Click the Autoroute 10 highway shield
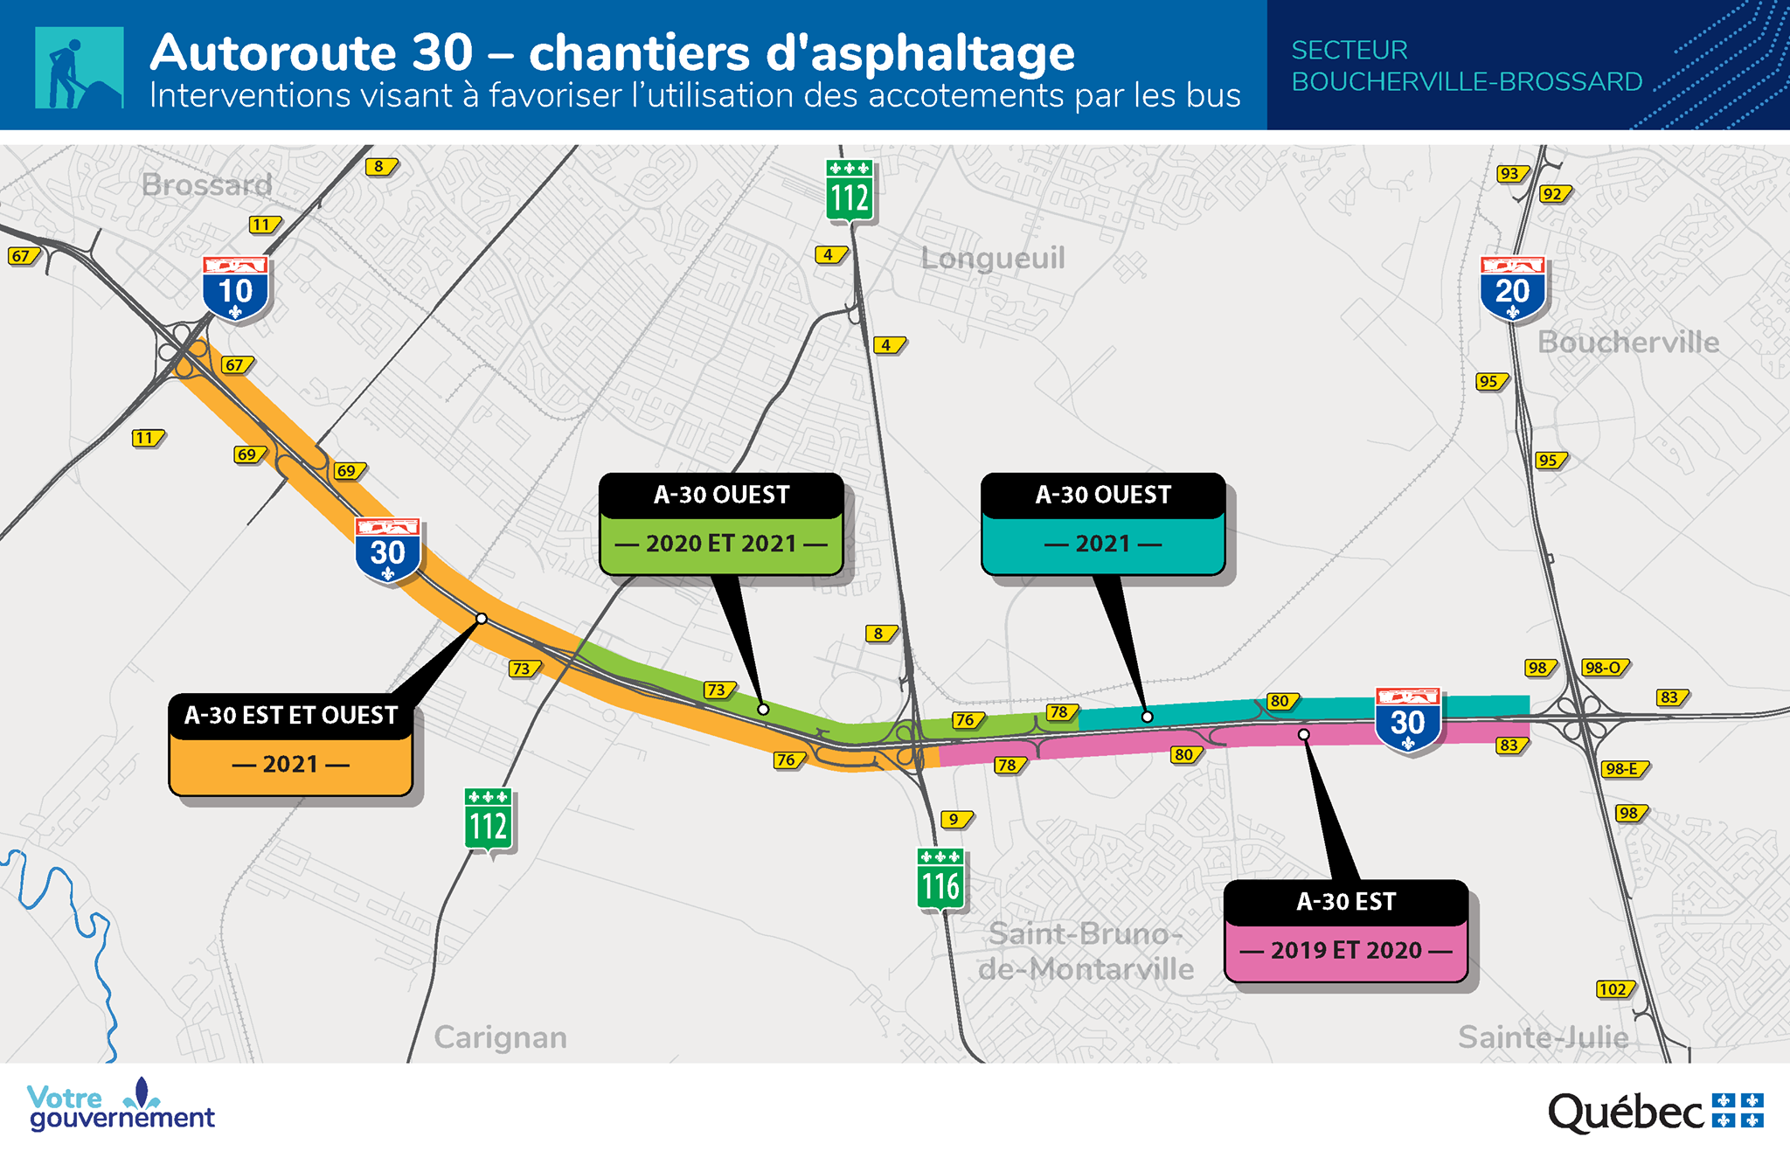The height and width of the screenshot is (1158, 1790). tap(235, 288)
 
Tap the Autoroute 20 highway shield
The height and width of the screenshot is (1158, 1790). tap(1512, 288)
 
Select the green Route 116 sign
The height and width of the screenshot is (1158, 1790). tap(940, 879)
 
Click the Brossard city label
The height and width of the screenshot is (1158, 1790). tap(207, 185)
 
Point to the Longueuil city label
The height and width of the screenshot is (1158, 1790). tap(993, 258)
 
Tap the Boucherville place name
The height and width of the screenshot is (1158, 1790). tap(1628, 342)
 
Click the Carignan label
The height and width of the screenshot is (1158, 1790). tap(500, 1037)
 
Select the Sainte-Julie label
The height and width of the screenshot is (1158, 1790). tap(1543, 1037)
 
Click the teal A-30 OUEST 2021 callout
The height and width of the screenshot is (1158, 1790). tap(1103, 524)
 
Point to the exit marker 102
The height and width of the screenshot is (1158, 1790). tap(1613, 989)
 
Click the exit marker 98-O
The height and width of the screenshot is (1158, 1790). tap(1604, 668)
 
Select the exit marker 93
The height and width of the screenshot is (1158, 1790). tap(1510, 174)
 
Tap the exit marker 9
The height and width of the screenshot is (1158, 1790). tap(954, 820)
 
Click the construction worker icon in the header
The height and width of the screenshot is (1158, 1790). tap(79, 68)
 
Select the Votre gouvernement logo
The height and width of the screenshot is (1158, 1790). tap(121, 1106)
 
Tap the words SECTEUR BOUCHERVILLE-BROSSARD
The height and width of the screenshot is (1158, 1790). tap(1466, 66)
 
